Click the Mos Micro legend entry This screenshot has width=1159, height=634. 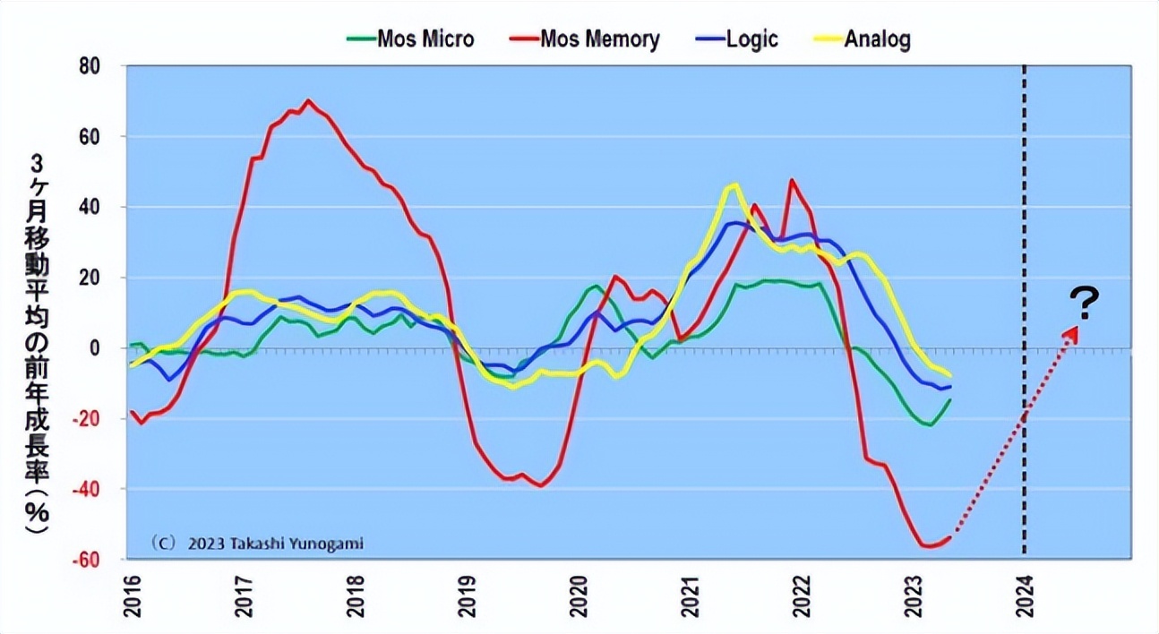click(410, 39)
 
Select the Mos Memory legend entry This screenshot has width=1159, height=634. click(586, 39)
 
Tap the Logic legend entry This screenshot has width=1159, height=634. click(735, 39)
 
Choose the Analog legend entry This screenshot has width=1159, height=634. click(862, 39)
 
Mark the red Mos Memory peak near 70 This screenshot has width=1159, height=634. click(308, 100)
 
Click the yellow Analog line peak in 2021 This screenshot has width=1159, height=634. click(734, 185)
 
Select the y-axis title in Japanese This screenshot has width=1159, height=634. click(39, 345)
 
